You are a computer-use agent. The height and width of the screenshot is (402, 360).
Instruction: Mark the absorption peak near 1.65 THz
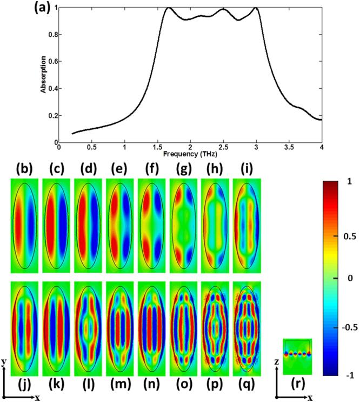point(169,8)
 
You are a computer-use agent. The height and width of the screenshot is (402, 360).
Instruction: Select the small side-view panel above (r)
point(297,355)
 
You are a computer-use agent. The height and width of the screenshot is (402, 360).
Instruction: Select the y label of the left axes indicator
point(4,360)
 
